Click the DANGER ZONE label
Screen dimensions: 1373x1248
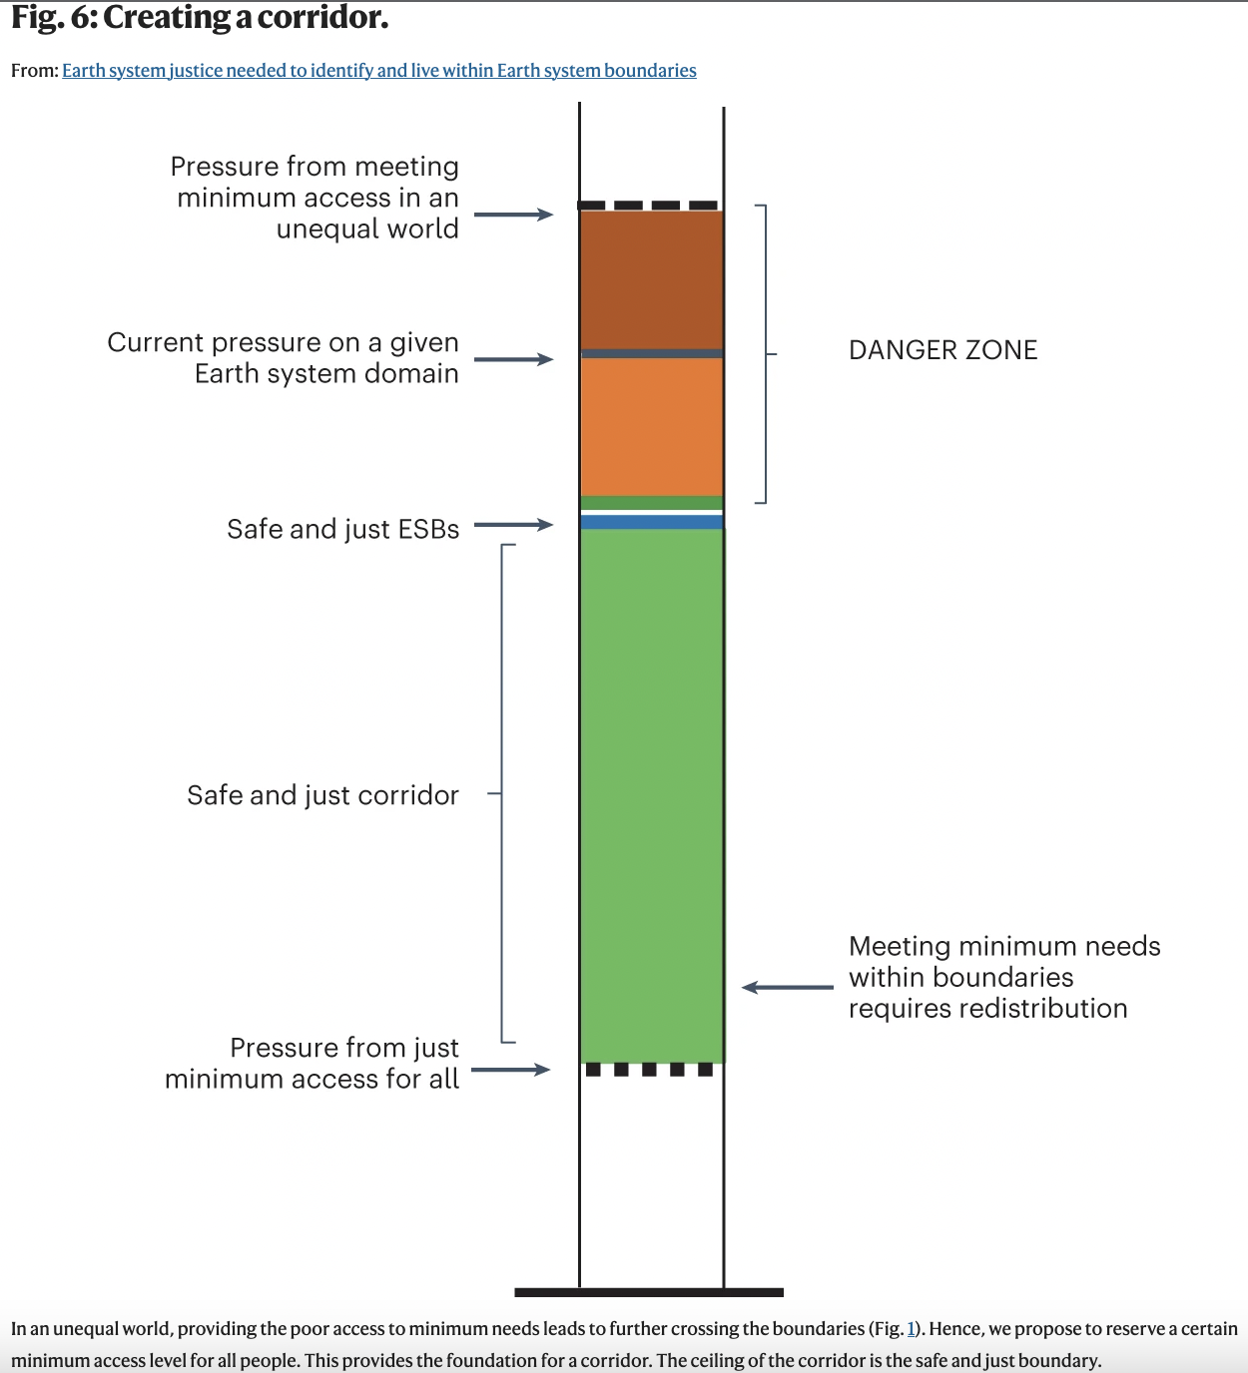942,350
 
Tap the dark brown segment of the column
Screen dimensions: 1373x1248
651,279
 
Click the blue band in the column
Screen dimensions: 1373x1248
651,522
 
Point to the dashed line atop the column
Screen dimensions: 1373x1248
649,206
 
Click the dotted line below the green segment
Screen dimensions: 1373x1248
649,1070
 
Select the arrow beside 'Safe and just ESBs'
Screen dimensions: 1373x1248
513,525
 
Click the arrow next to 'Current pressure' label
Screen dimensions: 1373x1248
513,359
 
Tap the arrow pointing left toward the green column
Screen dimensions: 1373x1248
787,988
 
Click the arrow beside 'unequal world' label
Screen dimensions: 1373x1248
513,215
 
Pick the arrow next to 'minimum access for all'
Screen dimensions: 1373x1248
511,1070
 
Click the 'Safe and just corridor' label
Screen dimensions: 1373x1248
322,795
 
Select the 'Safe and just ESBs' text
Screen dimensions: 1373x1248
342,529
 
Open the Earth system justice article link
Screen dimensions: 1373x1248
379,71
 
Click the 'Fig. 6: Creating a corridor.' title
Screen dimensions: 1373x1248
200,18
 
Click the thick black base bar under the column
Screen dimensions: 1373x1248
649,1292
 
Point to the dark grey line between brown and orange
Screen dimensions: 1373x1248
651,353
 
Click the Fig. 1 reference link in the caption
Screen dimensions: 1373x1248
911,1329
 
